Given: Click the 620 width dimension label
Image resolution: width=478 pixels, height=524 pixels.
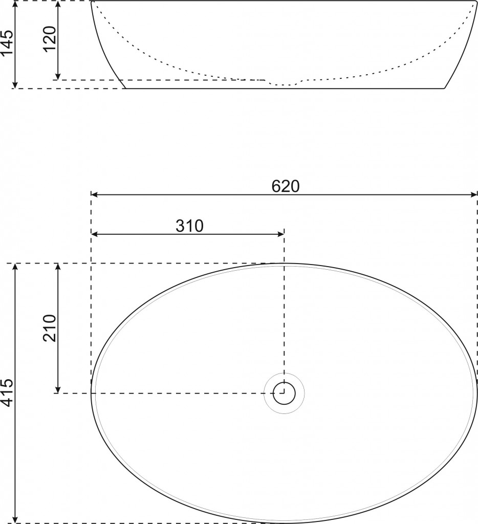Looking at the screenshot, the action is pyautogui.click(x=285, y=186).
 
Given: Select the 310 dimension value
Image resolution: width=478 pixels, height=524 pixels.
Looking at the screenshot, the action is pyautogui.click(x=189, y=226).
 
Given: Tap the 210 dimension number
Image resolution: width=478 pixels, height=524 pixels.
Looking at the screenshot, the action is pyautogui.click(x=49, y=328).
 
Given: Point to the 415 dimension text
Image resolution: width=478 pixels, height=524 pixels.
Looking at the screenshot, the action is pyautogui.click(x=7, y=392).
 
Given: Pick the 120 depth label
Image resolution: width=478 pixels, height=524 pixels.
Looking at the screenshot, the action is pyautogui.click(x=49, y=38).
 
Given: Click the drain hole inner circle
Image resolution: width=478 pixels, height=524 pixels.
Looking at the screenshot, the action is pyautogui.click(x=284, y=394).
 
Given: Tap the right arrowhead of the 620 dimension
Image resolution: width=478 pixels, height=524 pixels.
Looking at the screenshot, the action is pyautogui.click(x=474, y=194).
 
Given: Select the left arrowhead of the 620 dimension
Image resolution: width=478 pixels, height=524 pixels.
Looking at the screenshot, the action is pyautogui.click(x=94, y=194).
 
